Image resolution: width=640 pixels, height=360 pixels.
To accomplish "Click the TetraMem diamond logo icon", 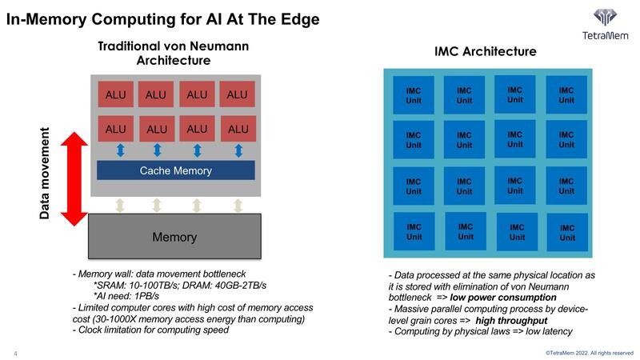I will click(x=605, y=18).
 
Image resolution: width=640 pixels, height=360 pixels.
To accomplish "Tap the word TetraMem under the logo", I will click(x=605, y=35).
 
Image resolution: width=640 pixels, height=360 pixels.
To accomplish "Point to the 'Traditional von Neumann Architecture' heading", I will click(x=173, y=53).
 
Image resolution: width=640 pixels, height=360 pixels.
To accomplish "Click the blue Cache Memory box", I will click(x=175, y=170).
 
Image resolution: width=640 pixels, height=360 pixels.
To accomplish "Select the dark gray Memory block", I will click(x=174, y=237).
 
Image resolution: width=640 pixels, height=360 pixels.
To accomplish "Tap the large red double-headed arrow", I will click(x=74, y=179).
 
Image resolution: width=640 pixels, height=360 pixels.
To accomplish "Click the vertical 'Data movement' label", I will click(x=45, y=173).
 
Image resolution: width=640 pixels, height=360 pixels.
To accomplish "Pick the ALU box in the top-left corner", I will click(x=115, y=94).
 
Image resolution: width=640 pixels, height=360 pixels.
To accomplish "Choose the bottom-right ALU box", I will click(x=238, y=129).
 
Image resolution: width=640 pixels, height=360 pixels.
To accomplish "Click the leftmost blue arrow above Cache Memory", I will click(x=119, y=150).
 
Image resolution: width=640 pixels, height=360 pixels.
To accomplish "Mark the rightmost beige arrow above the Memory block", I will click(x=238, y=206).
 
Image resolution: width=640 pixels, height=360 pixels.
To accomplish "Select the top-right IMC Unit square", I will click(x=566, y=95).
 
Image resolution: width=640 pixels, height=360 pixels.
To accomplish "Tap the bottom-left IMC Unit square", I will click(x=414, y=232).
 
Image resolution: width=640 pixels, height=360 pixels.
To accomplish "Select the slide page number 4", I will click(x=14, y=352).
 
